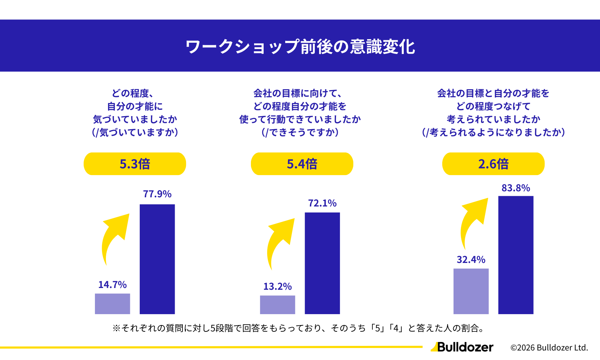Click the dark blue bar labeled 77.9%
tap(157, 259)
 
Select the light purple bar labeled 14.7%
tap(112, 304)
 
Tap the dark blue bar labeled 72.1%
tap(322, 263)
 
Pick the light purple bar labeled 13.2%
tap(277, 305)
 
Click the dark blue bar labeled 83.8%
tap(516, 255)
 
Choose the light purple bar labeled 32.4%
tap(471, 291)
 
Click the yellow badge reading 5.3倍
tap(135, 164)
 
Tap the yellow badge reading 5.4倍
tap(302, 164)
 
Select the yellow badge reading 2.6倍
tap(493, 164)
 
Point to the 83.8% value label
tap(516, 188)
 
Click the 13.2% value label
tap(277, 286)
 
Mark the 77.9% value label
tap(157, 194)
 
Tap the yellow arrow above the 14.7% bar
tap(114, 235)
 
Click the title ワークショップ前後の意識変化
tap(300, 47)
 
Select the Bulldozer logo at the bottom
tap(462, 347)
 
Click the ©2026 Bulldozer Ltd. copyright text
tap(549, 348)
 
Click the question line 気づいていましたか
tap(135, 119)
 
